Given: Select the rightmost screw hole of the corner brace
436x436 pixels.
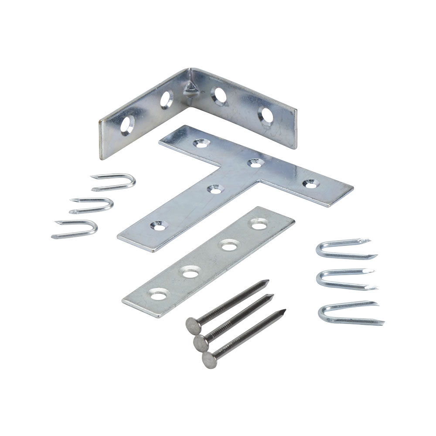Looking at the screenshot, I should [x=265, y=115].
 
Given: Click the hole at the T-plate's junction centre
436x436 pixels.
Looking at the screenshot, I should [x=253, y=163].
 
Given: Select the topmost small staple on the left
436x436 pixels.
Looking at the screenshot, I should [x=113, y=181].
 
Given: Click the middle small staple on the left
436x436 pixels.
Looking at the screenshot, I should [x=92, y=204].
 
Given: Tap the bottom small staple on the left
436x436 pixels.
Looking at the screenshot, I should [x=75, y=228].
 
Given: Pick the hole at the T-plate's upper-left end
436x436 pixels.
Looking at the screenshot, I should [x=201, y=142].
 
